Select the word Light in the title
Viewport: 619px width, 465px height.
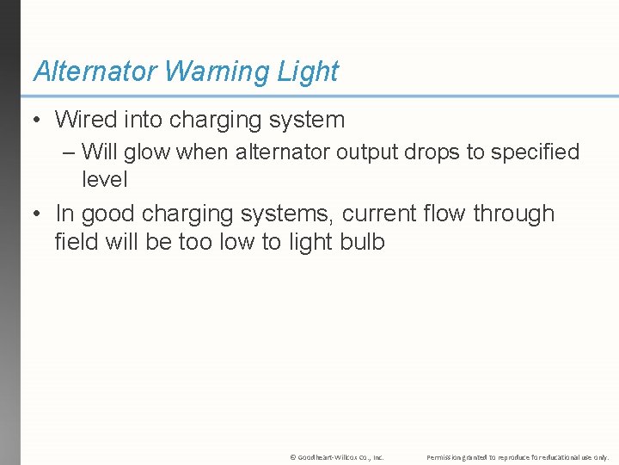308,71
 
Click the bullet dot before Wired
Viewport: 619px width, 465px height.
38,121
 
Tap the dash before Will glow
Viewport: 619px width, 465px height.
69,152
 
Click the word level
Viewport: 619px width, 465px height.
104,179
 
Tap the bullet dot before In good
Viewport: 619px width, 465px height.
38,214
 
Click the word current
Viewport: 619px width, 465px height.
371,214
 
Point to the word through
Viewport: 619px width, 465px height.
514,214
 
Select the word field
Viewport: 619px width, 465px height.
76,242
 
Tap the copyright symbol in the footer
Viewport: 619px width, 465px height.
293,457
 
